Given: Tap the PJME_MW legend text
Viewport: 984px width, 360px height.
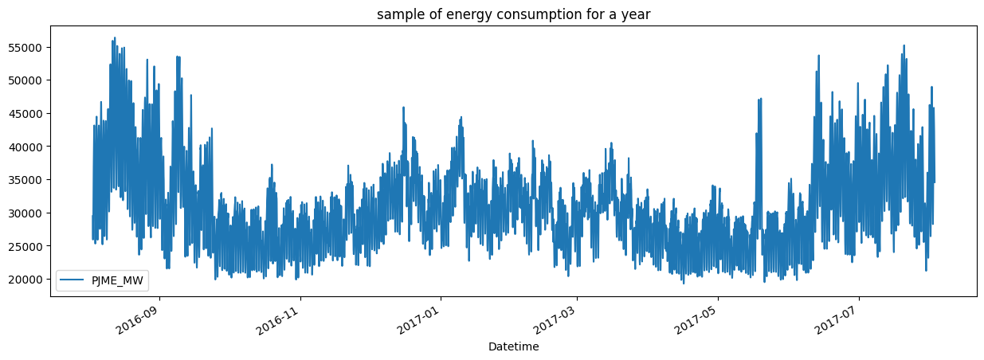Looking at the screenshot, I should coord(118,280).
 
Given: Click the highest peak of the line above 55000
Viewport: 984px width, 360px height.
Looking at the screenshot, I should coord(115,37).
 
